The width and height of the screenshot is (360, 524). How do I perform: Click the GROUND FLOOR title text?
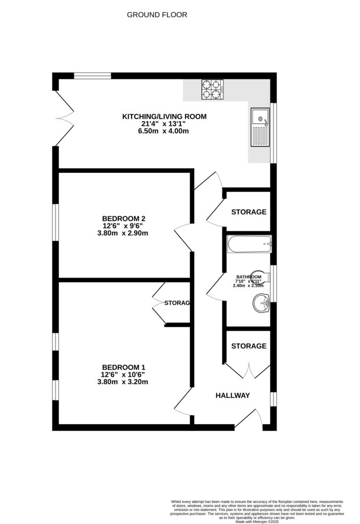click(x=157, y=15)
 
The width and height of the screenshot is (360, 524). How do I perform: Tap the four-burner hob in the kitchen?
click(x=213, y=90)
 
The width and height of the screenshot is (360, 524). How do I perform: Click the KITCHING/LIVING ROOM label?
click(x=164, y=117)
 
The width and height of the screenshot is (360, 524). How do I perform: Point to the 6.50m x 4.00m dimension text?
click(x=164, y=131)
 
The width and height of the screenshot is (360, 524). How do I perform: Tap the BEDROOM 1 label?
click(x=124, y=367)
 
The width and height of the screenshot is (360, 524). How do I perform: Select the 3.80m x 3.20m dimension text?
click(x=124, y=382)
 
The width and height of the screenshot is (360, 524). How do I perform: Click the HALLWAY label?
click(x=232, y=396)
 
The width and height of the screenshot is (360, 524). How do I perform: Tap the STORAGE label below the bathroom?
click(x=249, y=346)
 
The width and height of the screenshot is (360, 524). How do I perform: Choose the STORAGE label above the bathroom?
click(x=249, y=212)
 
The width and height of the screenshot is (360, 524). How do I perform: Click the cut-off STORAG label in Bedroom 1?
click(x=177, y=303)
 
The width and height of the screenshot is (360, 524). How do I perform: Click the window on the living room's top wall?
click(x=92, y=76)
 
